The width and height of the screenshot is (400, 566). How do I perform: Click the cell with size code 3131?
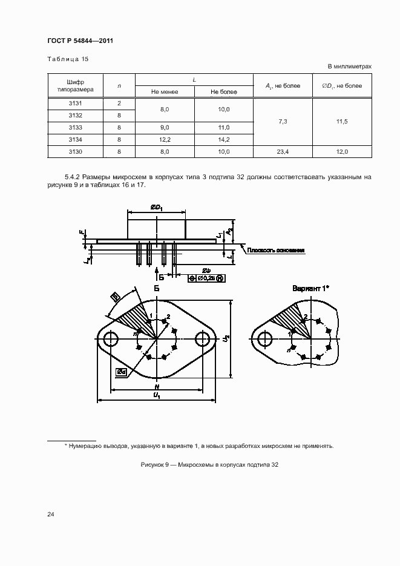click(x=76, y=104)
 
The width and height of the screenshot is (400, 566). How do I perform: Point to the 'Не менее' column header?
click(x=165, y=92)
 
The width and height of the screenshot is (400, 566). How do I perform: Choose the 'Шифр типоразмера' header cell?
click(x=76, y=85)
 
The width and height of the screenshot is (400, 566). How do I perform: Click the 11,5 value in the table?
click(x=341, y=122)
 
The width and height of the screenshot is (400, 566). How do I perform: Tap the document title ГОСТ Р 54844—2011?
click(x=80, y=41)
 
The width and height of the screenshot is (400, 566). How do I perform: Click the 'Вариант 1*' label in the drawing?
click(x=310, y=288)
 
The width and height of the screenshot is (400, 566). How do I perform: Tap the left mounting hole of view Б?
click(x=111, y=340)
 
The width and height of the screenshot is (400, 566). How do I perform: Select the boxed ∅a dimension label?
click(x=122, y=372)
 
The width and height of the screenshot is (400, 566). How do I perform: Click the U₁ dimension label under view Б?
click(x=156, y=395)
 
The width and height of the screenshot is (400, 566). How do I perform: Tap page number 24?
click(x=51, y=515)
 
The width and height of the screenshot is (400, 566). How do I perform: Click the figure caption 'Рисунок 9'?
click(x=209, y=465)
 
